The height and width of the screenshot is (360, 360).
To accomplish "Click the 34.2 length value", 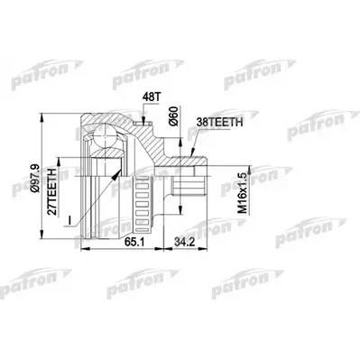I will coord(184,242).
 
